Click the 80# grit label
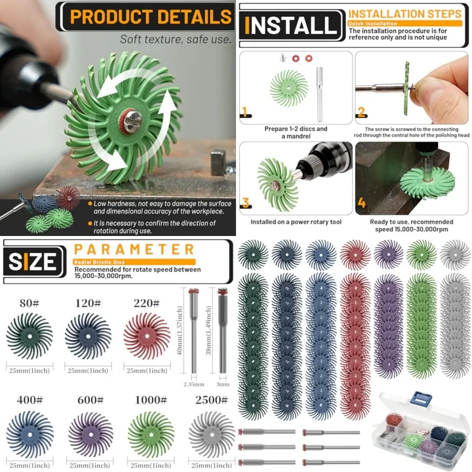29,303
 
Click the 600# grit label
90,401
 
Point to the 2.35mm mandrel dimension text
194,384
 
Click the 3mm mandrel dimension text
223,384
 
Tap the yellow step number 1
244,112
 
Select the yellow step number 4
362,201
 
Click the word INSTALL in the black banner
292,26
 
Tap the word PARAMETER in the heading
134,249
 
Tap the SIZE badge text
33,261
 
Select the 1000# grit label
151,401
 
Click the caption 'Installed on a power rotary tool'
296,222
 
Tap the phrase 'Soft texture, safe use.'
175,39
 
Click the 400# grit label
29,401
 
